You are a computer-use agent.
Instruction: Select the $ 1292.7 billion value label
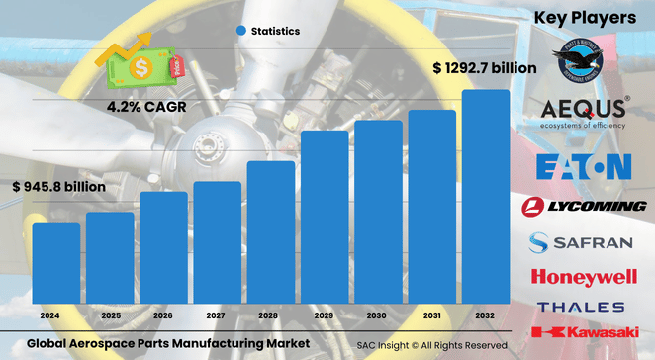(485, 68)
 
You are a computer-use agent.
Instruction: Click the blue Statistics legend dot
(240, 31)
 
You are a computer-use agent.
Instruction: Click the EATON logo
(582, 166)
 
